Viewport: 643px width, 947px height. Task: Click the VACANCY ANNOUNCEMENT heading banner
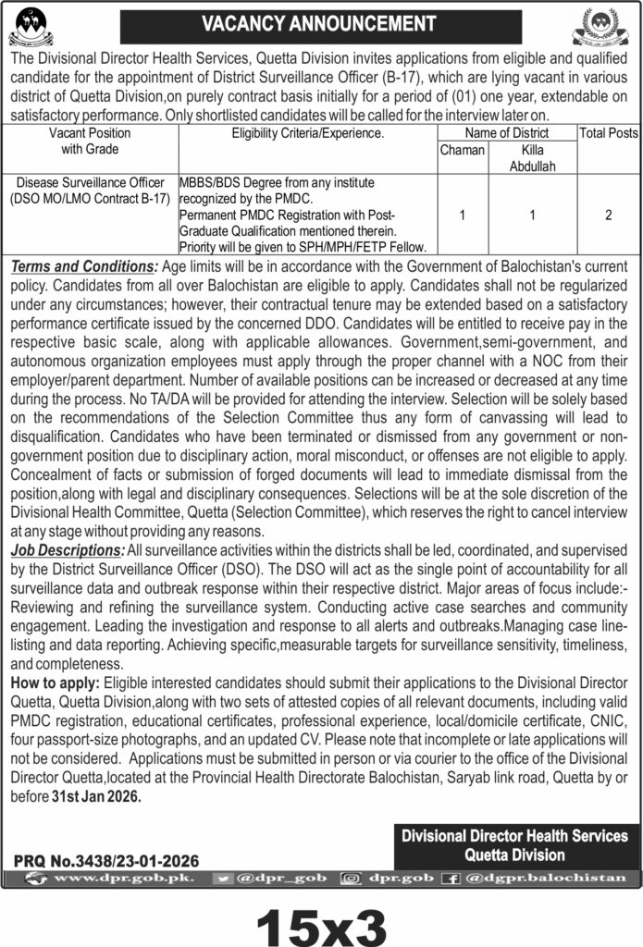point(320,20)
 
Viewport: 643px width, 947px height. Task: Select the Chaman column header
point(462,150)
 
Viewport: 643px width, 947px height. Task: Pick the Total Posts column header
point(609,133)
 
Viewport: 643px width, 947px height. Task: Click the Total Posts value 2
point(608,214)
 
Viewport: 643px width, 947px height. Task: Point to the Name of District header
point(507,133)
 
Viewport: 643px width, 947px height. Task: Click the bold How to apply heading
point(53,681)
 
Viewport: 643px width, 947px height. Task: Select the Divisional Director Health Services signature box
point(514,843)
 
